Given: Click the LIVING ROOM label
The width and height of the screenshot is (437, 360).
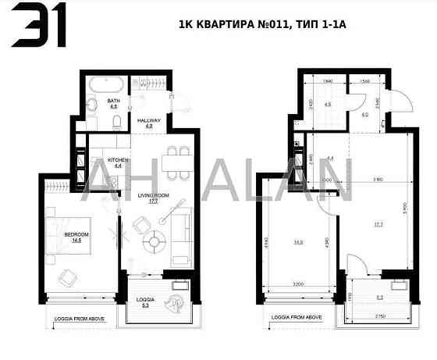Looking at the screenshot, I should [152, 198].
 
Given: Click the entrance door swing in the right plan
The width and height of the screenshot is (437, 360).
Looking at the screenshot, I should [397, 104].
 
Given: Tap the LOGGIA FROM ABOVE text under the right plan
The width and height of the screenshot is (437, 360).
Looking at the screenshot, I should [293, 317].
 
